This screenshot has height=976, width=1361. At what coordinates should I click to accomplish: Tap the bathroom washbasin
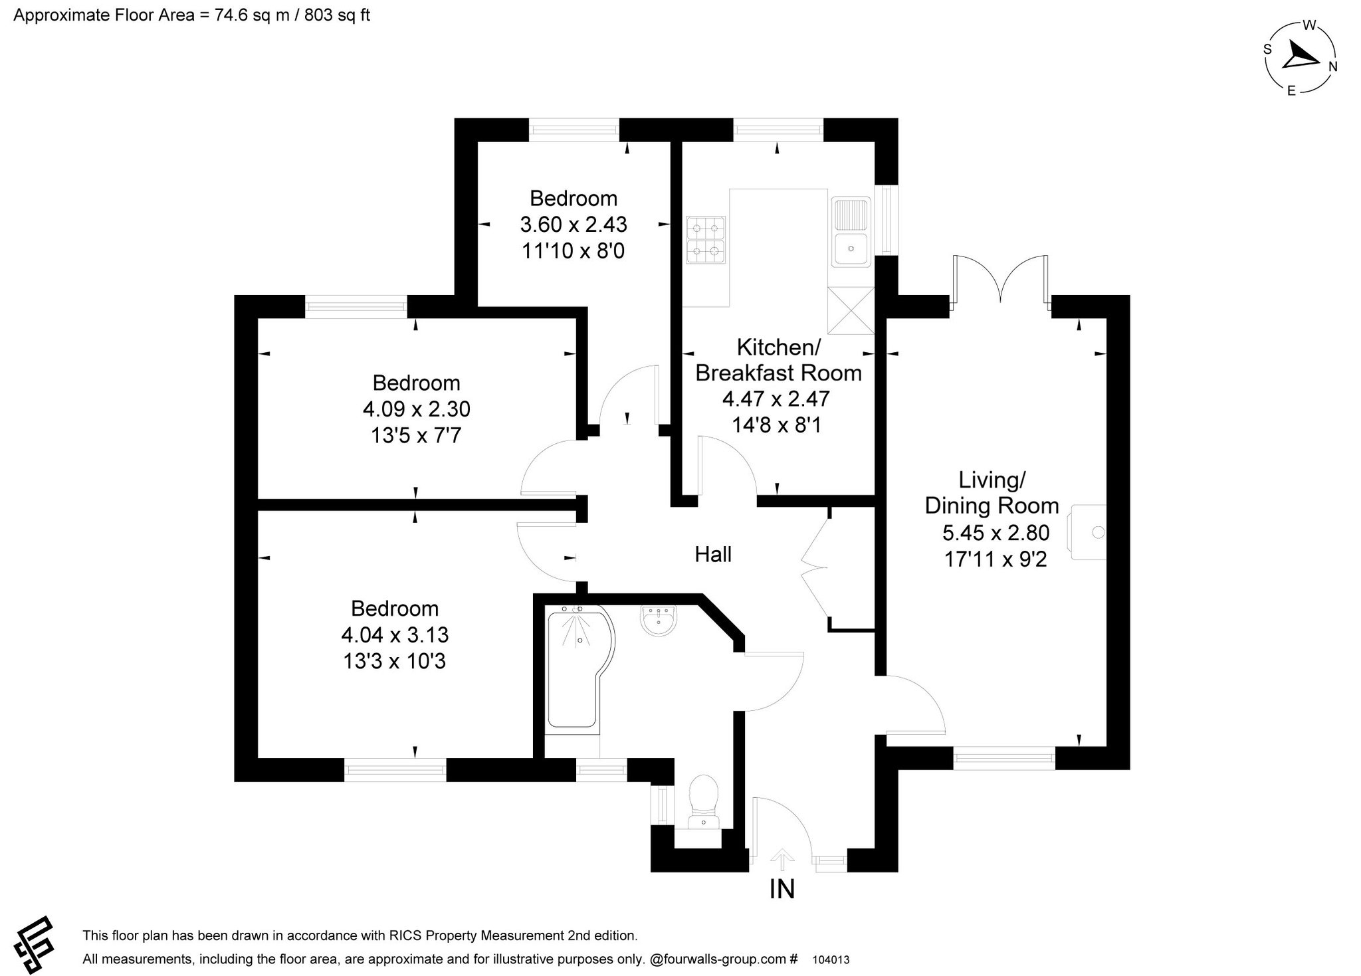click(x=659, y=621)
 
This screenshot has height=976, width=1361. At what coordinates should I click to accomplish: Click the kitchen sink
click(x=850, y=232)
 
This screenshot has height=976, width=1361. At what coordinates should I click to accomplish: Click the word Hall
click(x=713, y=554)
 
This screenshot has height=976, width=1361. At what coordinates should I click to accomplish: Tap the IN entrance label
click(x=782, y=889)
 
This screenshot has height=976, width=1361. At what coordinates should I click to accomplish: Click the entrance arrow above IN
click(x=782, y=858)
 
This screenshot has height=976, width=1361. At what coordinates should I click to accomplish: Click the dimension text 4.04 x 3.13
click(x=395, y=635)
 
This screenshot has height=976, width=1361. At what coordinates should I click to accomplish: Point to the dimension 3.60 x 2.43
click(x=574, y=225)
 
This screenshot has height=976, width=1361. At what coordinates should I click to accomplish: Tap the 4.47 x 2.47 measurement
click(x=776, y=399)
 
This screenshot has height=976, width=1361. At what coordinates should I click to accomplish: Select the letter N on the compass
click(x=1332, y=66)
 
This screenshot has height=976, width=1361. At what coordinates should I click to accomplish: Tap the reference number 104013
click(x=831, y=960)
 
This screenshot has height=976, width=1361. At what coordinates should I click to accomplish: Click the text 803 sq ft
click(x=337, y=15)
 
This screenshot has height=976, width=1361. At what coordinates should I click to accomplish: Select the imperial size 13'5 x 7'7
click(x=416, y=436)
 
